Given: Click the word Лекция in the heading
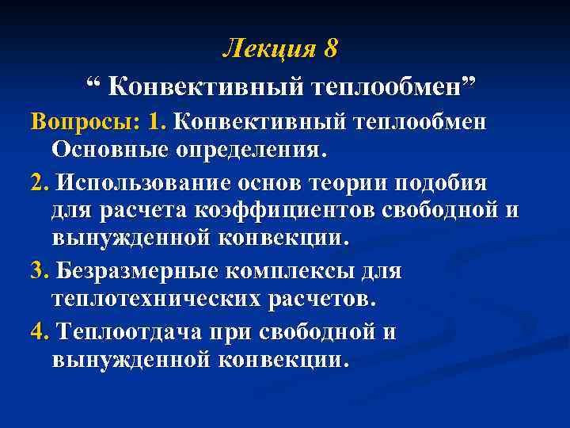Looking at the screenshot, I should [x=267, y=48].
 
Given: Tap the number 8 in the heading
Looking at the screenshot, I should [x=330, y=48].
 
